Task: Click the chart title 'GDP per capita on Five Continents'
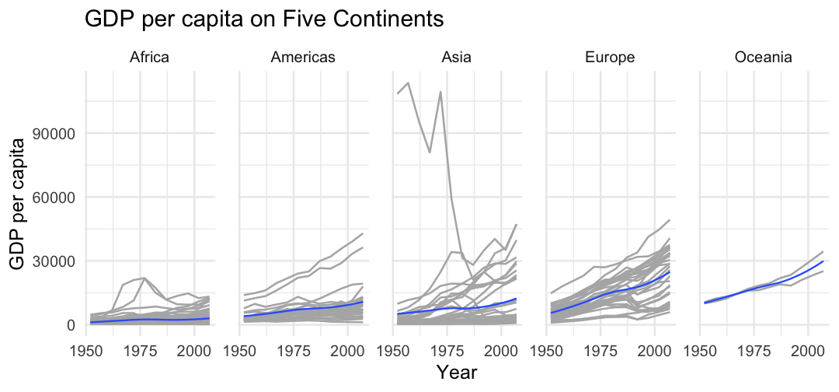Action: [264, 19]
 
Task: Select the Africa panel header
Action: [149, 57]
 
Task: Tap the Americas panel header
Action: [303, 57]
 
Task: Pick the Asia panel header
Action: [455, 57]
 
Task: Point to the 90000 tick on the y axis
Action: [57, 133]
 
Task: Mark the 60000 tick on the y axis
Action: [57, 197]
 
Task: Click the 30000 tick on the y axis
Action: [57, 261]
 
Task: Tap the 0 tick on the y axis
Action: [70, 324]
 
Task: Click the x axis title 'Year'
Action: [456, 373]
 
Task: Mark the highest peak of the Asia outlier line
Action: [409, 82]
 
